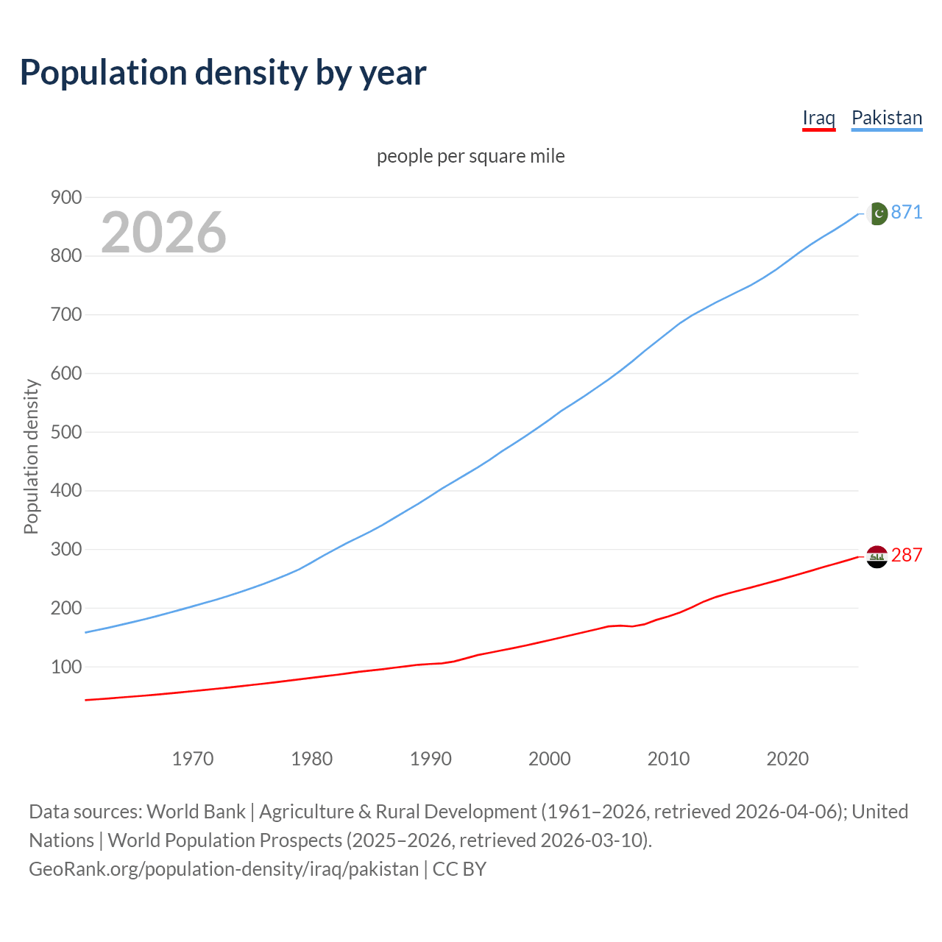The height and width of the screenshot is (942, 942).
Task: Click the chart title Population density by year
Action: click(223, 73)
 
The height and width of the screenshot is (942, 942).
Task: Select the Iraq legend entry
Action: click(818, 118)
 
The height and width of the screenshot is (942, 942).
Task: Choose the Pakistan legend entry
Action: click(886, 118)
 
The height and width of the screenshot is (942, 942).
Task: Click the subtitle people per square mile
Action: click(470, 157)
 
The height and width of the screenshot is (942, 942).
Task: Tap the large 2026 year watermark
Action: click(163, 233)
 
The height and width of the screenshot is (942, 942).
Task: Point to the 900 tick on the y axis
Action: click(65, 197)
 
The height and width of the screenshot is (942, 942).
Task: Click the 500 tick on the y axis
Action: click(65, 432)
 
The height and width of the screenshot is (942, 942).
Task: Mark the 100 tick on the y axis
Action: click(65, 667)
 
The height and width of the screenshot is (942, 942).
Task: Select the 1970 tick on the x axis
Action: click(193, 759)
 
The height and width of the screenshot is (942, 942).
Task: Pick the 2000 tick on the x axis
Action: click(549, 759)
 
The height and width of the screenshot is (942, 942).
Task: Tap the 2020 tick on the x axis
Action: click(787, 759)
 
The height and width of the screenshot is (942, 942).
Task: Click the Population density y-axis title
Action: click(31, 456)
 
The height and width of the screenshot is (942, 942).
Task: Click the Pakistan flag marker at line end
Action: click(877, 213)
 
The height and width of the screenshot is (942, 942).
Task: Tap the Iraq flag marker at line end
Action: click(877, 557)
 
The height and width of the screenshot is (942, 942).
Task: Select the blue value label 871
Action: click(907, 213)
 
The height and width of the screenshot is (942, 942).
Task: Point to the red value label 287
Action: click(907, 556)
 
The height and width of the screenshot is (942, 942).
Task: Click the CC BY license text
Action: click(459, 869)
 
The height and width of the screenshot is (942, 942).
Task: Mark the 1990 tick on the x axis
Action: click(431, 759)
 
